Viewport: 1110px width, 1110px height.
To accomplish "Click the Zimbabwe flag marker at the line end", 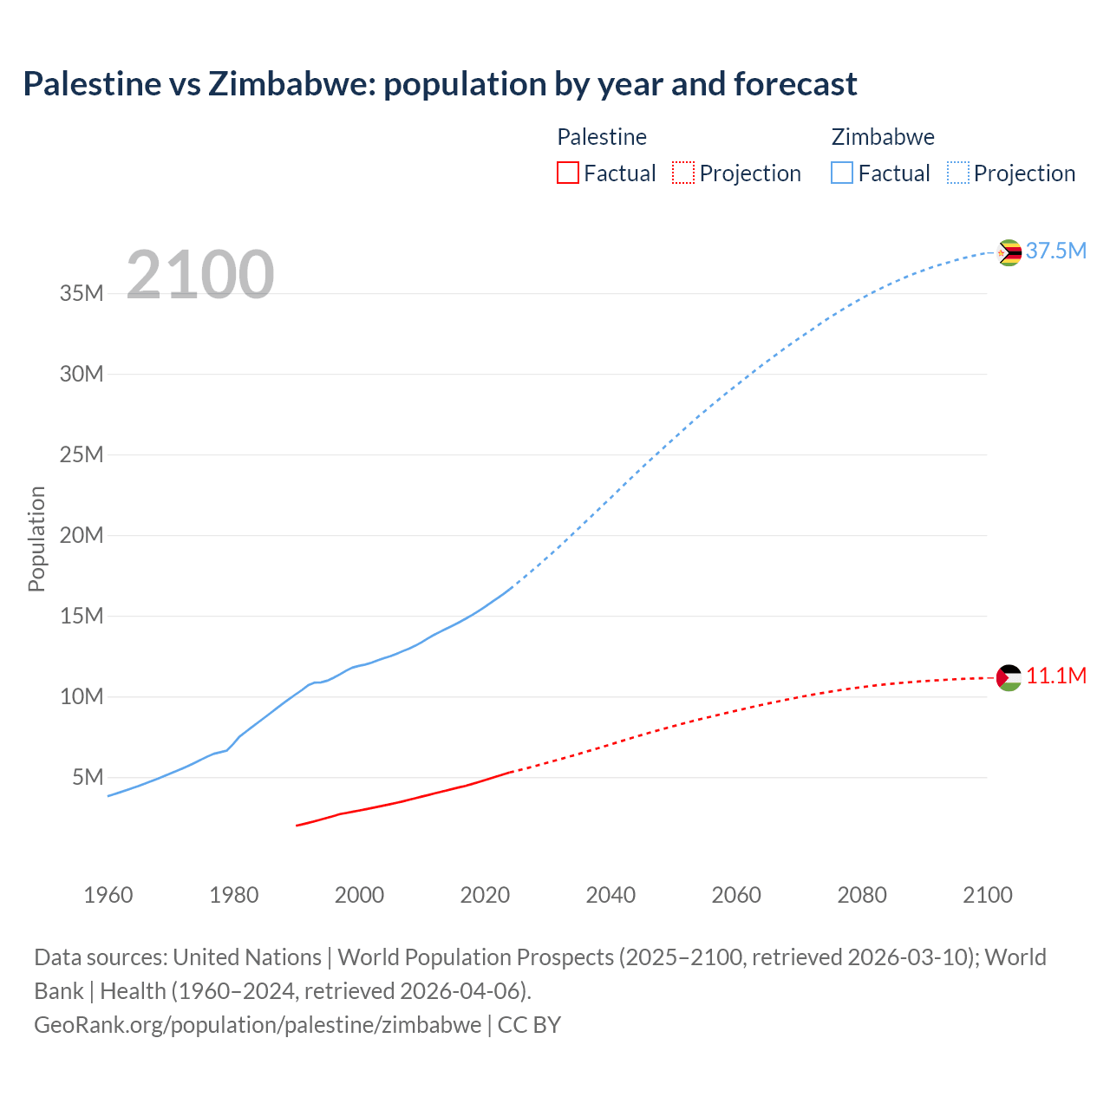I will [1009, 252].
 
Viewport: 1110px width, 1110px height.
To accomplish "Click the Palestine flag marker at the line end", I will [1009, 677].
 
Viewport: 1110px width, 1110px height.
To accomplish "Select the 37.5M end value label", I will [1055, 251].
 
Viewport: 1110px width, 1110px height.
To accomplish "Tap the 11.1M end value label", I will [1055, 676].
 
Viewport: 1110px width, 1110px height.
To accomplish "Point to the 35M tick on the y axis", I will [82, 293].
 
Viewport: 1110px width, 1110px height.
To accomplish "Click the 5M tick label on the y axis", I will [88, 777].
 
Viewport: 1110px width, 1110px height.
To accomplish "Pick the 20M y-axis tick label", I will [82, 535].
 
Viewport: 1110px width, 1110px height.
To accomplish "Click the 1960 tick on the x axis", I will [108, 894].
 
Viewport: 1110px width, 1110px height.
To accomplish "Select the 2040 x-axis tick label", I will [610, 894].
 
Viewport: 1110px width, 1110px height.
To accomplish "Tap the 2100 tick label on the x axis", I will [987, 894].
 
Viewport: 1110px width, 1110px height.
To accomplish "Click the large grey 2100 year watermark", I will [200, 275].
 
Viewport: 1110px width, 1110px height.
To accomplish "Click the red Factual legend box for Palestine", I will [567, 173].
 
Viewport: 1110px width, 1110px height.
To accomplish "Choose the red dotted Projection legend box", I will [683, 173].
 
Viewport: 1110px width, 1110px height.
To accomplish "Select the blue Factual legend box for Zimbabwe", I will [842, 173].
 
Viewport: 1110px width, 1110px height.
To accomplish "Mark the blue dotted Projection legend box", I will [957, 173].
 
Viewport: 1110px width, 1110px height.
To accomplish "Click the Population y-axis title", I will [36, 539].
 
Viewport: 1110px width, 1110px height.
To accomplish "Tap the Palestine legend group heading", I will [602, 137].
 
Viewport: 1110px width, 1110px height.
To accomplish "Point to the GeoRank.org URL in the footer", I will [258, 1024].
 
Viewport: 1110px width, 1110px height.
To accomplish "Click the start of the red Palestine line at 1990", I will [297, 825].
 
